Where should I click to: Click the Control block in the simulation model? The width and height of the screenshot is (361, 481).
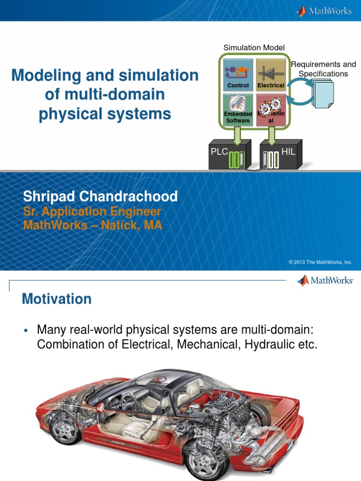point(238,74)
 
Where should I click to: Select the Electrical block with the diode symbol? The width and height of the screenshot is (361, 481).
point(270,74)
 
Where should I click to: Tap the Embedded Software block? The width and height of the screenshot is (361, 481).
point(238,110)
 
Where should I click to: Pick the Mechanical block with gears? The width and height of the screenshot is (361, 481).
point(270,110)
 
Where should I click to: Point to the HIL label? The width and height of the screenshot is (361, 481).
point(288,151)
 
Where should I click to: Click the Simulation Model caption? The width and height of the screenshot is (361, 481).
point(254,47)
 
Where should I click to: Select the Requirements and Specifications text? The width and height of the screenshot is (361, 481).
point(323,69)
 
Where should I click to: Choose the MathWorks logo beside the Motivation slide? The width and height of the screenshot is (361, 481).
point(325,281)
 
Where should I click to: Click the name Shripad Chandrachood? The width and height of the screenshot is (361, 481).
point(100,196)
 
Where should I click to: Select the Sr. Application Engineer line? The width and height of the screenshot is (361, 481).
point(92,212)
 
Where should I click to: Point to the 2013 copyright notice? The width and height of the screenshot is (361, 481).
point(320,262)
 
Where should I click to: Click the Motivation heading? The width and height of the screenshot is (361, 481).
point(56,299)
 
